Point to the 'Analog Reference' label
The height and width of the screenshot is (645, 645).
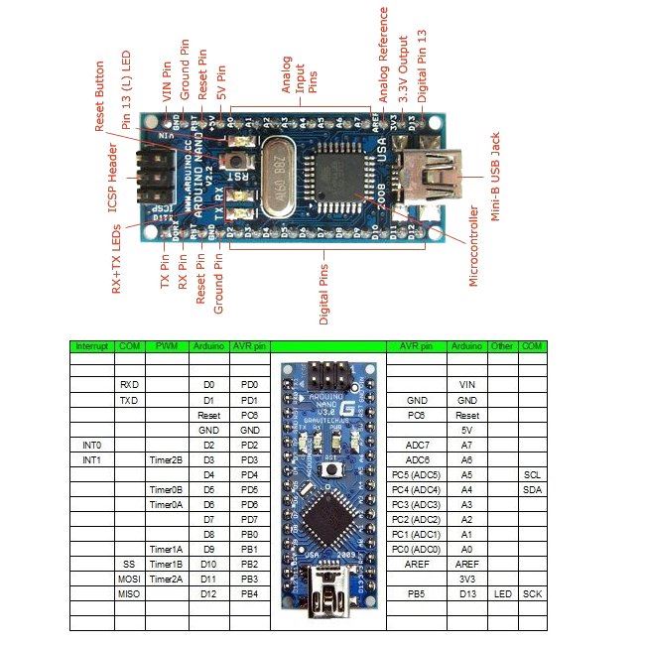tap(384, 54)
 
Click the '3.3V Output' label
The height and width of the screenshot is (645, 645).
tap(403, 64)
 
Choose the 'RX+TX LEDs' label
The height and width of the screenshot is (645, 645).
tap(116, 258)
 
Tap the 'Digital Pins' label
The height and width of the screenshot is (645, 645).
tap(324, 288)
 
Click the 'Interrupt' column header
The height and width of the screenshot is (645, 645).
tap(90, 346)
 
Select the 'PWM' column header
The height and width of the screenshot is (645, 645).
tap(165, 346)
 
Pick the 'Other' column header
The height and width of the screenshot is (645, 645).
tap(503, 346)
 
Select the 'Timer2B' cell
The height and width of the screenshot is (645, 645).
tap(165, 461)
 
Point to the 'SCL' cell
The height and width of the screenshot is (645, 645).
tap(533, 475)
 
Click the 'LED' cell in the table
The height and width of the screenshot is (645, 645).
tap(503, 593)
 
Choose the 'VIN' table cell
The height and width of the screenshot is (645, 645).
tap(466, 383)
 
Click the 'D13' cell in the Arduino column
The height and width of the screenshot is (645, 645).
tap(466, 593)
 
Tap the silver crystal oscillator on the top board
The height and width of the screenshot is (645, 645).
tap(278, 180)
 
